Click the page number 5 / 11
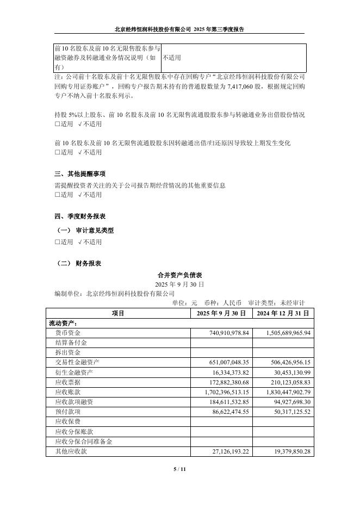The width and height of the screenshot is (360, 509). pyautogui.click(x=179, y=469)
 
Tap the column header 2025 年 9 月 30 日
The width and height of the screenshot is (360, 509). pyautogui.click(x=221, y=313)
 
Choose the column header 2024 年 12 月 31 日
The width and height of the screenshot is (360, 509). pyautogui.click(x=283, y=313)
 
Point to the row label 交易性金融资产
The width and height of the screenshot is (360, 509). pyautogui.click(x=77, y=362)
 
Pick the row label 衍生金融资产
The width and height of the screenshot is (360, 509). pyautogui.click(x=74, y=372)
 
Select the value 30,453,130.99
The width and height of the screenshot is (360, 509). pyautogui.click(x=288, y=372)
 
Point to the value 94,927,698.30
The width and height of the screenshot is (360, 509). pyautogui.click(x=288, y=402)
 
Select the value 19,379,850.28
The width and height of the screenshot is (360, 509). pyautogui.click(x=288, y=451)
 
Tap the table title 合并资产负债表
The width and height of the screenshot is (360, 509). pyautogui.click(x=179, y=275)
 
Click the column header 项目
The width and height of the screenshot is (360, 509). pyautogui.click(x=118, y=313)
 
